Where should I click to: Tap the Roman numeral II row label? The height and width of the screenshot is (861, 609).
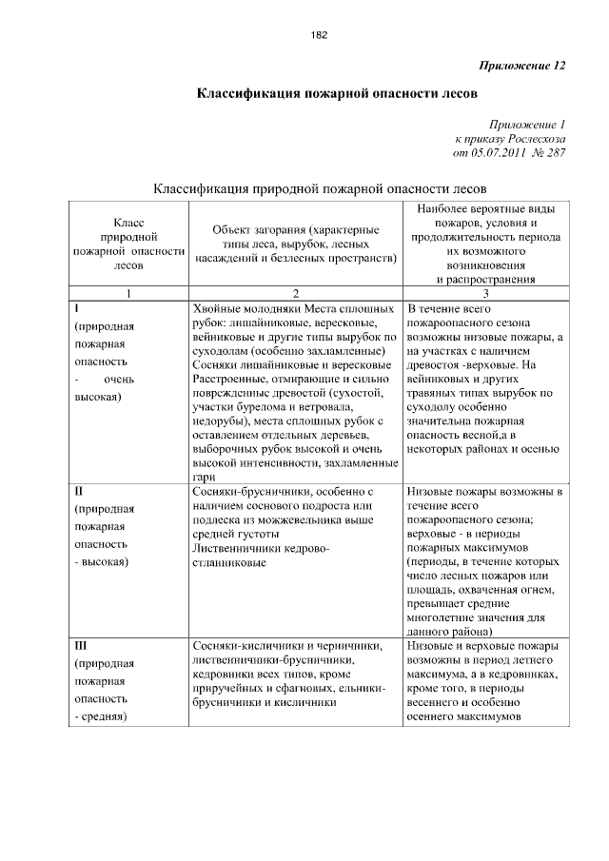pos(79,492)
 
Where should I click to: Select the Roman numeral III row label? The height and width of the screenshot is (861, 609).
pos(81,645)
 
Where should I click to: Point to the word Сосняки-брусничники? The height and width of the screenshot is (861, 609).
pos(250,492)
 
